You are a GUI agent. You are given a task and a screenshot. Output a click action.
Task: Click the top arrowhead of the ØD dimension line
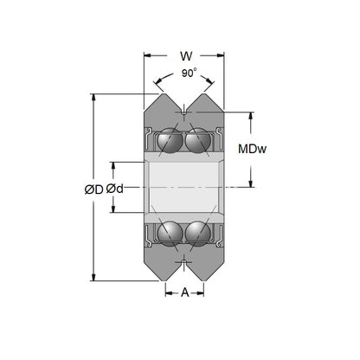pos(93,98)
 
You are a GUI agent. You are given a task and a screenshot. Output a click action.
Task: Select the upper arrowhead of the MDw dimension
pos(252,115)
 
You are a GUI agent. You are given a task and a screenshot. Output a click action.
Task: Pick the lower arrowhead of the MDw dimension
pos(252,184)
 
